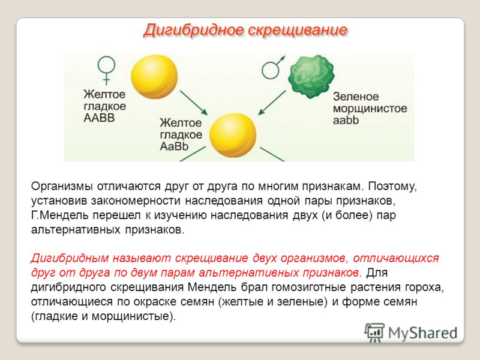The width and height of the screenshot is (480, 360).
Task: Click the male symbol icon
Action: pos(273,68)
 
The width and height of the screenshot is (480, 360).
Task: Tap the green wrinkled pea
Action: pos(311,76)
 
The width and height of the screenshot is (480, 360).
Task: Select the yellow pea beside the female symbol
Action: pos(154,77)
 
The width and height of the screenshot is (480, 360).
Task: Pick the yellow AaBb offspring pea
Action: pos(233,135)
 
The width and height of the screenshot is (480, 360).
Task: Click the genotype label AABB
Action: pos(99,118)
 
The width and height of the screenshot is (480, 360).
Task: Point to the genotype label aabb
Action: pos(346,120)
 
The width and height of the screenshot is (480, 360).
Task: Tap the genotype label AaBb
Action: pos(174,146)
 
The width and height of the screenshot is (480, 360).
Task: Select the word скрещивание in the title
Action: pos(298,31)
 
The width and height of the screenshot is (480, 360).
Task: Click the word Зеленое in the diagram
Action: pos(356,97)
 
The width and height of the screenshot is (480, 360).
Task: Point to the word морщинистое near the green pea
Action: pos(370,109)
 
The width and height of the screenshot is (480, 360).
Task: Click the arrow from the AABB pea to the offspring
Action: pos(194,103)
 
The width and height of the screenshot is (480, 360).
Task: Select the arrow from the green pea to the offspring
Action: pos(272,103)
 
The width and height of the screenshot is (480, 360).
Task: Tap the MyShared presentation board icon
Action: pos(374,332)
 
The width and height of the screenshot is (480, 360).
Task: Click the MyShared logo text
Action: pos(422,333)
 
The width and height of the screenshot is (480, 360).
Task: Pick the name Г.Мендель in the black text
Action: pos(59,215)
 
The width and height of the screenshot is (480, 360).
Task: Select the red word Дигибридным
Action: pos(70,259)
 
